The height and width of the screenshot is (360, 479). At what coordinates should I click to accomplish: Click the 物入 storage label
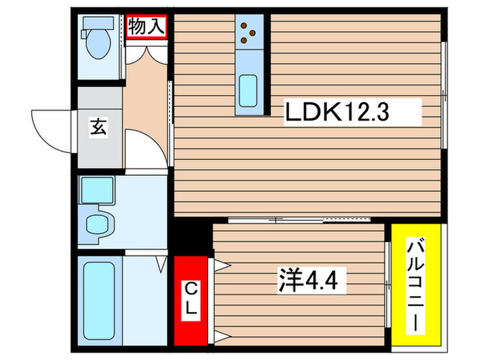tap(147, 27)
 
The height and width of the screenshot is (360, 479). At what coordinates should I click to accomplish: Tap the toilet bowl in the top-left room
tap(100, 45)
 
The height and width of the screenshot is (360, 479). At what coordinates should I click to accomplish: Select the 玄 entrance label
tap(99, 128)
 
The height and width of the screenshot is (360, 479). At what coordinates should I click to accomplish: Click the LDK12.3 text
tap(337, 112)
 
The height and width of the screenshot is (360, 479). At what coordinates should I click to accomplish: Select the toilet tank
tap(90, 24)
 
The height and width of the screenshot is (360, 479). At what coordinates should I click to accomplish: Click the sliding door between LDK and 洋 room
tap(301, 220)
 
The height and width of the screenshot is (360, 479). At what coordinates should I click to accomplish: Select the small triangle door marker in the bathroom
tap(162, 263)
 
